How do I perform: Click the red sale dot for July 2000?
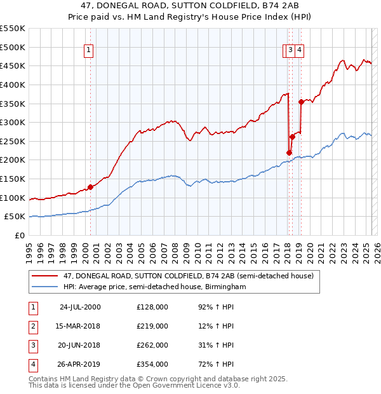tap(91, 187)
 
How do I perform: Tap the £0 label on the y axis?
tap(20, 235)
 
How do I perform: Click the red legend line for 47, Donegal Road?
tap(45, 276)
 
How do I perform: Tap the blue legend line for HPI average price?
tap(45, 287)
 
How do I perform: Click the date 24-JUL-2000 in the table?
tap(80, 308)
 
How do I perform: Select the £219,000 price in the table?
tap(152, 326)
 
